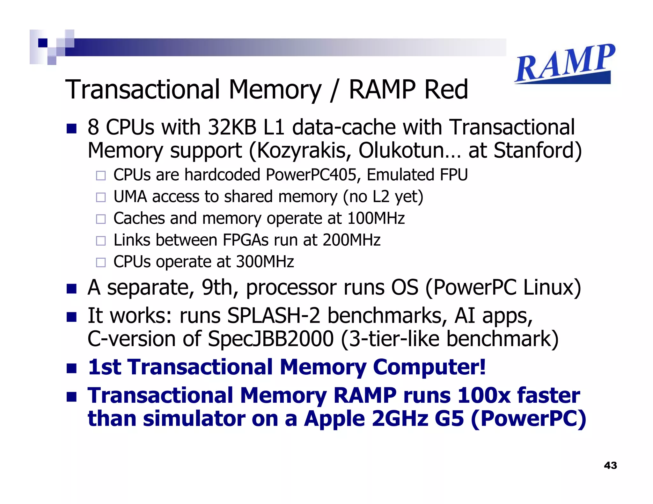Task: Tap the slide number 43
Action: [610, 465]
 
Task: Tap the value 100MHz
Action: [376, 219]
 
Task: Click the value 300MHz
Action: [265, 262]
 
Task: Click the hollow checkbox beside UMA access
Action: [101, 197]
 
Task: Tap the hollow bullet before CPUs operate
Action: [101, 263]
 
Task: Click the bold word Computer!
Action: [429, 367]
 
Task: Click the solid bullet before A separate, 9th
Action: [72, 289]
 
